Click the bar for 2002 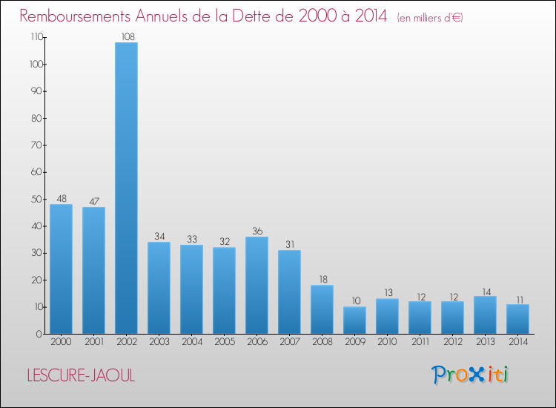tap(126, 188)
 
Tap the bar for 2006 tap(257, 285)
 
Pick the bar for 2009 tap(354, 320)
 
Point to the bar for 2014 tap(517, 319)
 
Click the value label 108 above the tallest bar tap(126, 36)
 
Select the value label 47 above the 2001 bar tap(93, 200)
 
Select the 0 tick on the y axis tap(38, 334)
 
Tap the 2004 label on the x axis tap(191, 342)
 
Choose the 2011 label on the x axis tap(420, 342)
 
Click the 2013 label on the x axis tap(485, 342)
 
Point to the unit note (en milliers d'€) tap(430, 17)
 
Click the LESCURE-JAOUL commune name tap(81, 375)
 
